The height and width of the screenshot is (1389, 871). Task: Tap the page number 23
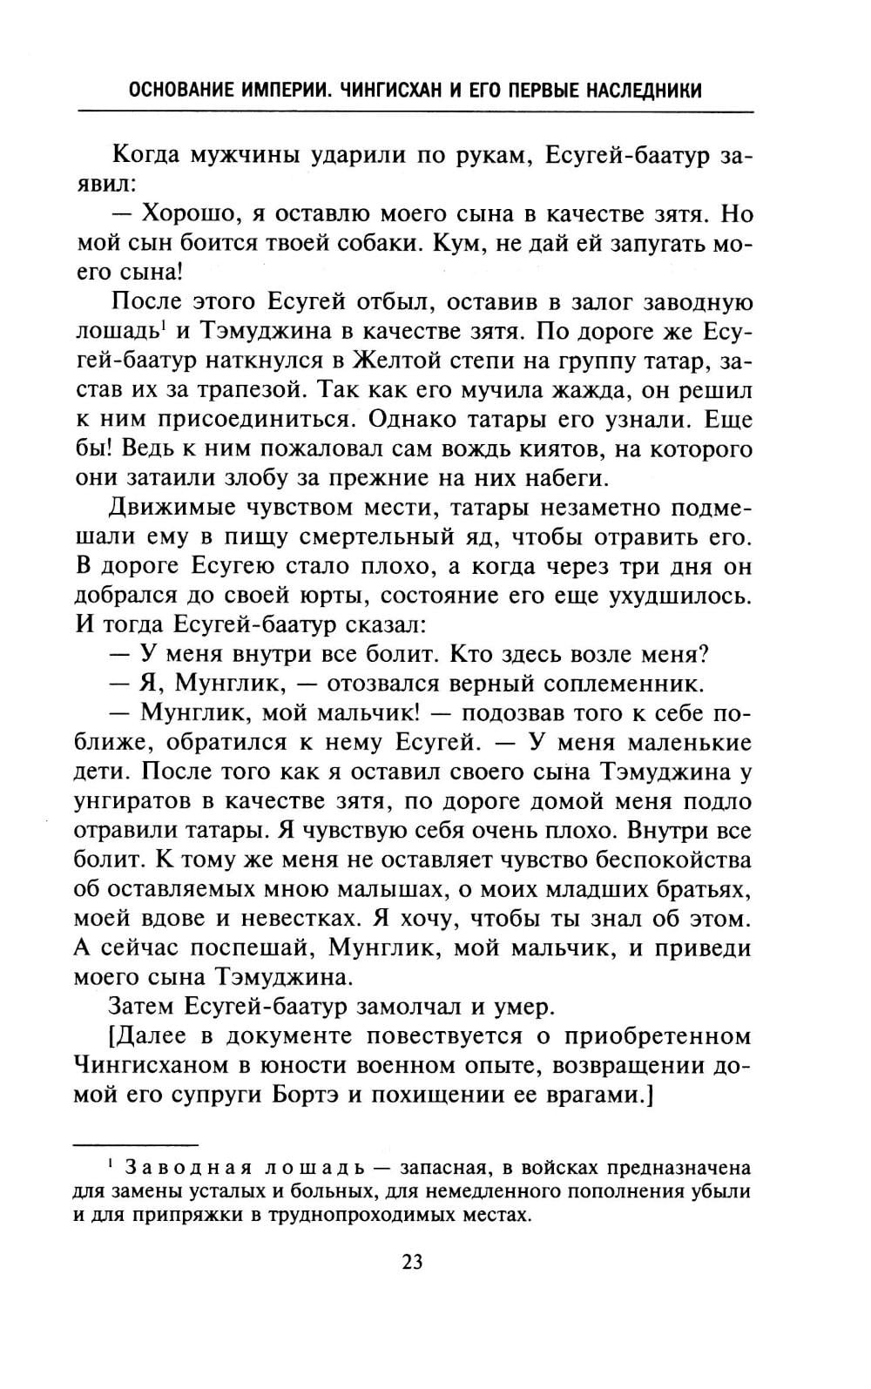[x=413, y=1262]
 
